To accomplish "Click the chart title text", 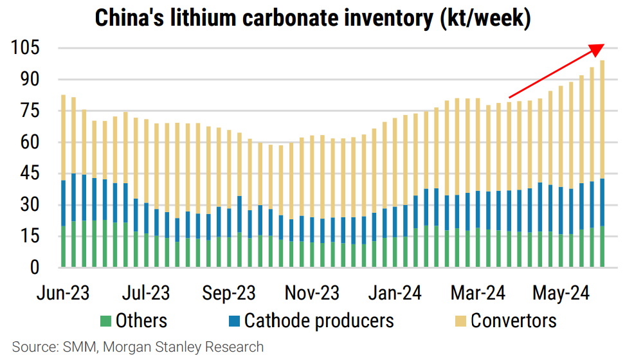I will (x=312, y=17).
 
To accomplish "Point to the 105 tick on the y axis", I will (x=24, y=48).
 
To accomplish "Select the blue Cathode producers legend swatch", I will (x=233, y=320).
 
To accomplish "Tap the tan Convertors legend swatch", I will (x=459, y=320).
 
